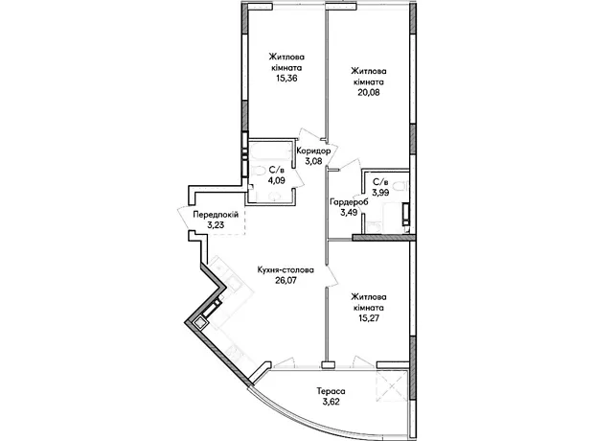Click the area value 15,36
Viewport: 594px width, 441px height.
pyautogui.click(x=286, y=79)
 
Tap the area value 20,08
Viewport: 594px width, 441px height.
pyautogui.click(x=369, y=93)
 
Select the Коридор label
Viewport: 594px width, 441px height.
pyautogui.click(x=313, y=151)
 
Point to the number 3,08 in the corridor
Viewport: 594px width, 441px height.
pyautogui.click(x=313, y=161)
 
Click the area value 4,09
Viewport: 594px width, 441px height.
pyautogui.click(x=277, y=180)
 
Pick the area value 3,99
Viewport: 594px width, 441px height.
pyautogui.click(x=380, y=193)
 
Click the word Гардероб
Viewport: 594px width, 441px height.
pyautogui.click(x=349, y=202)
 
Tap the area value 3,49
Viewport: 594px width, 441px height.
pyautogui.click(x=349, y=212)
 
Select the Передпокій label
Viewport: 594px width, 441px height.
pyautogui.click(x=216, y=215)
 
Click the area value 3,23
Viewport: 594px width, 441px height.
pyautogui.click(x=216, y=225)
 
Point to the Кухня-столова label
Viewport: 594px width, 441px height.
pyautogui.click(x=286, y=270)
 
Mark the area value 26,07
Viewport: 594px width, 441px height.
pyautogui.click(x=286, y=281)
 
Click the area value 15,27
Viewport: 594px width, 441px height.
pyautogui.click(x=369, y=317)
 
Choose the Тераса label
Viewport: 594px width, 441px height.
pyautogui.click(x=331, y=391)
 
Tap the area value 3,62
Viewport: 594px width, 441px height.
pyautogui.click(x=331, y=401)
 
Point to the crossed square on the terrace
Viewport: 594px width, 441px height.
pyautogui.click(x=392, y=384)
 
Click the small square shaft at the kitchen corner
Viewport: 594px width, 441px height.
pyautogui.click(x=199, y=323)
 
